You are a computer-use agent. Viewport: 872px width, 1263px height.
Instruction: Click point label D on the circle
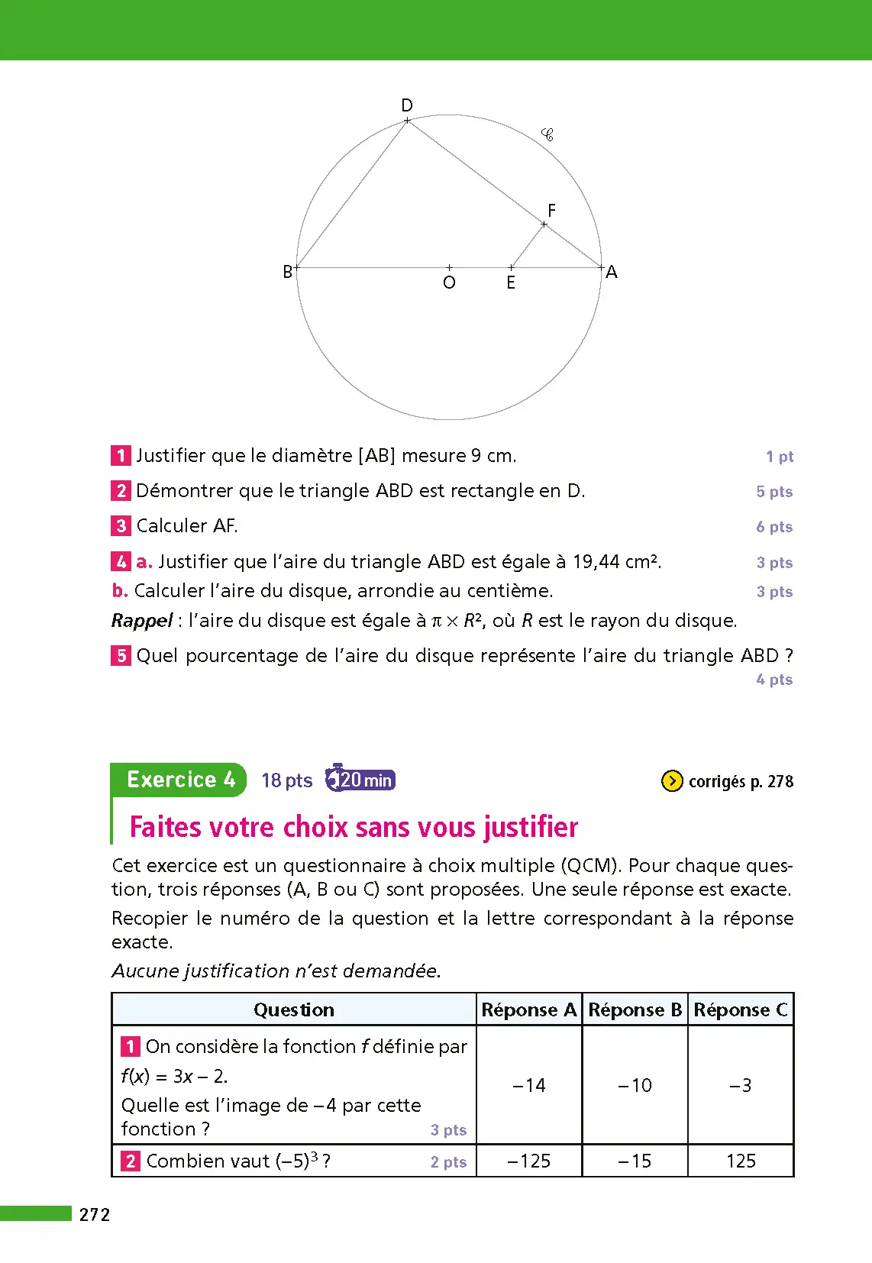[407, 105]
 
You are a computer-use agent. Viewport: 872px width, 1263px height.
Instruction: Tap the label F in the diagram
[551, 210]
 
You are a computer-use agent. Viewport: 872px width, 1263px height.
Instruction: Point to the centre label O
[449, 283]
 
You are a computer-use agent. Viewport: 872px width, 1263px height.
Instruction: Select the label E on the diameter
[511, 283]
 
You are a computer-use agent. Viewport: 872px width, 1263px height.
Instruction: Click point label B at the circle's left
[288, 272]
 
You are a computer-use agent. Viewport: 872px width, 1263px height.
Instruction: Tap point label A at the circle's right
[612, 272]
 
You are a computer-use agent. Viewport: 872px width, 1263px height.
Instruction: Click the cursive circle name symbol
[547, 135]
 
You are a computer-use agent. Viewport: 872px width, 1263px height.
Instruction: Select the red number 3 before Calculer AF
[121, 526]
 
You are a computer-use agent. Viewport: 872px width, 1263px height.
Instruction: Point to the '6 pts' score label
[774, 527]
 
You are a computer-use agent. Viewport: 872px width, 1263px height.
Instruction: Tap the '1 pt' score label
[780, 457]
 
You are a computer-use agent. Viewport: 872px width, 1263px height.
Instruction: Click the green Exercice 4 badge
[180, 780]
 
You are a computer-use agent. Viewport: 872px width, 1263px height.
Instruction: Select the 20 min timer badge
[360, 780]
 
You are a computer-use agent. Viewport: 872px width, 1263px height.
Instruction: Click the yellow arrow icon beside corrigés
[671, 781]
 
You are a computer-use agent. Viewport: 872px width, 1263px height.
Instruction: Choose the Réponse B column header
[635, 1009]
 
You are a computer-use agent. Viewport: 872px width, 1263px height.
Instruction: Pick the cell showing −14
[529, 1085]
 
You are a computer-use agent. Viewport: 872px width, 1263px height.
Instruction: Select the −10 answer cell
[635, 1085]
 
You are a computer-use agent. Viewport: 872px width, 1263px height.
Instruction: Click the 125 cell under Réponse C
[741, 1161]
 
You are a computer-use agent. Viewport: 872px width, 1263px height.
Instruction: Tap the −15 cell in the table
[635, 1161]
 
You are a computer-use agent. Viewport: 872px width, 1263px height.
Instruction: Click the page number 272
[95, 1215]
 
